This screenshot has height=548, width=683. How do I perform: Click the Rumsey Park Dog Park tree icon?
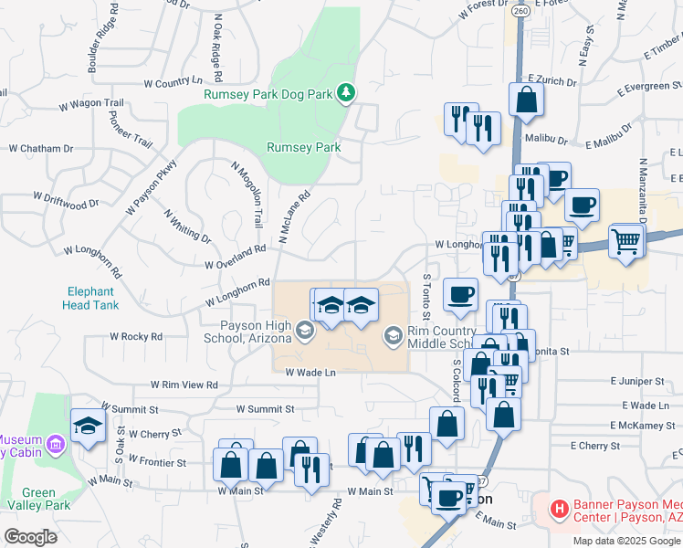(346, 91)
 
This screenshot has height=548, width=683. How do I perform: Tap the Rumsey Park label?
(303, 147)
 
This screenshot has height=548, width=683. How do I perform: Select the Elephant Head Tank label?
(90, 299)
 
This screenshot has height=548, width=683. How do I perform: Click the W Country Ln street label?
(179, 83)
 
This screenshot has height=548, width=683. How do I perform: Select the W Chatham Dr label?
(41, 148)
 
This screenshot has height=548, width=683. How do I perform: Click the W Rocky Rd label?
(136, 336)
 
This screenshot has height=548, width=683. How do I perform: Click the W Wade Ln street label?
(310, 372)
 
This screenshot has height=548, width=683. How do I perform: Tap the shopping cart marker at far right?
(626, 241)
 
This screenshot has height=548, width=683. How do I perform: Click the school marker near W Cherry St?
(88, 426)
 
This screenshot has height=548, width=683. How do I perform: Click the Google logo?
(30, 537)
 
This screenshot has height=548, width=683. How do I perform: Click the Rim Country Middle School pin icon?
(393, 337)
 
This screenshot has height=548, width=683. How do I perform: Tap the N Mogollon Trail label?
(247, 195)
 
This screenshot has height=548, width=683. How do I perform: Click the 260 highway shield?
(520, 11)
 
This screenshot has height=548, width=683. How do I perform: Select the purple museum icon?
(56, 445)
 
